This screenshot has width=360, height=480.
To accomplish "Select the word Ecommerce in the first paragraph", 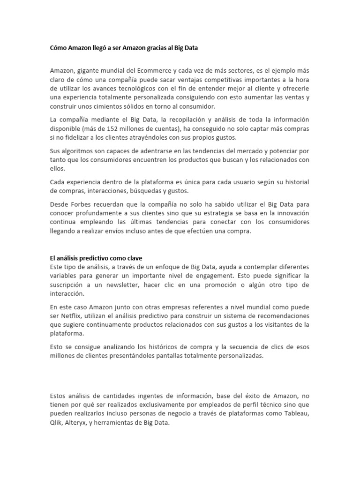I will tap(155, 71).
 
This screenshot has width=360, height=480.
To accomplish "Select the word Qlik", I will tap(56, 422).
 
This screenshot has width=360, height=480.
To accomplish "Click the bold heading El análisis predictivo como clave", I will tap(96, 258).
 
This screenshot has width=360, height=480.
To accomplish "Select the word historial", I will tap(295, 182).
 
